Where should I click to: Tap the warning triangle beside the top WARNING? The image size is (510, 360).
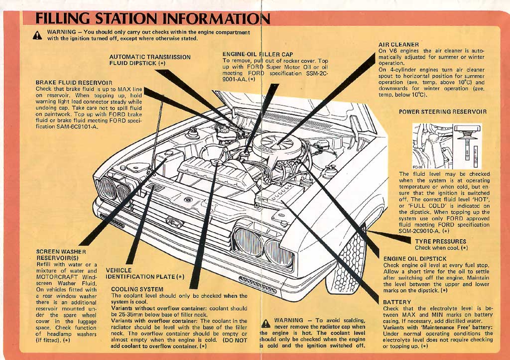coord(37,35)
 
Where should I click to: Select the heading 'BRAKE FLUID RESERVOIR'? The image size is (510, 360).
coord(74,82)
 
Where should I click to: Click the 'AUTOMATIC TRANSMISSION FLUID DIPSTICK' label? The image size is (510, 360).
coord(149,60)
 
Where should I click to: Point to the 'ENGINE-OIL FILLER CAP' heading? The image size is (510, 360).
coord(257,54)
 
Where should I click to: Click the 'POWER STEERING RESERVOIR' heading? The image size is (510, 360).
coord(443,112)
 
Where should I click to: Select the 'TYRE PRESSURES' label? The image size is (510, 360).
coord(440,241)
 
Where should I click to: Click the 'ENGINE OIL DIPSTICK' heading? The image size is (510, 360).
coord(415,259)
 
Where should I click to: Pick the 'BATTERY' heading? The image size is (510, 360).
coord(397,302)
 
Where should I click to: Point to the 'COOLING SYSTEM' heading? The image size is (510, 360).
coord(137,289)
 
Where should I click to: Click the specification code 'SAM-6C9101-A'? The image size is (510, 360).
coord(74,127)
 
